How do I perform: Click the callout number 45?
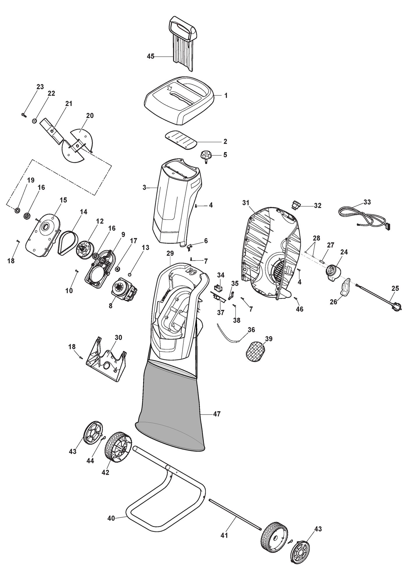click(150, 56)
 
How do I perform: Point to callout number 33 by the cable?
click(367, 202)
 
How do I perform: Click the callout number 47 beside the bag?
click(217, 414)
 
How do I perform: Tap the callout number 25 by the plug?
click(395, 289)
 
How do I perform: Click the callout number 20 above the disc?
click(90, 116)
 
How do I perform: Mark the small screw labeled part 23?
click(24, 115)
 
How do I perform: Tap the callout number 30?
click(118, 337)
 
